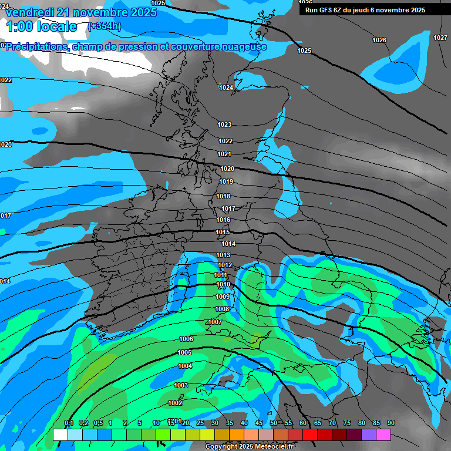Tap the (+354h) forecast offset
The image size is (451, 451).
105,26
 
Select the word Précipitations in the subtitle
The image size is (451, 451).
36,46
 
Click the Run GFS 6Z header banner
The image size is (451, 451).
365,10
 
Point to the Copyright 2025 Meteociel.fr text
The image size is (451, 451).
249,446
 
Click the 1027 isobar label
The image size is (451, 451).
440,38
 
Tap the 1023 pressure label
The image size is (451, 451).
224,124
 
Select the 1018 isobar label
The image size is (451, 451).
223,196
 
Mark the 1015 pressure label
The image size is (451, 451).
223,232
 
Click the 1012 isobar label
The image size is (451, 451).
225,265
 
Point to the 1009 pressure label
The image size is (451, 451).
223,297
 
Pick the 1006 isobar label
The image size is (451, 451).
186,339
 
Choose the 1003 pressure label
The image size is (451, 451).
181,385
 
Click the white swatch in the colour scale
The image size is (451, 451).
60,435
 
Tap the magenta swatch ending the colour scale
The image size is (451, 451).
383,435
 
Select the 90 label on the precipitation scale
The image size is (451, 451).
391,423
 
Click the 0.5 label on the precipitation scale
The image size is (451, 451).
97,423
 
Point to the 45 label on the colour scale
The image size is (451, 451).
259,423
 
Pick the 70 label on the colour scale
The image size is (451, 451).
332,423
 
